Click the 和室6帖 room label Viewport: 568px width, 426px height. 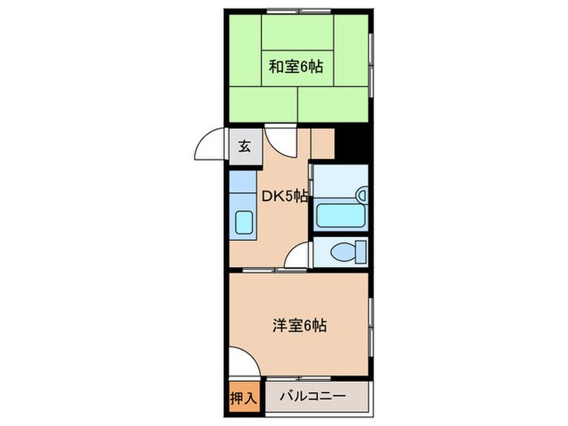pyautogui.click(x=296, y=67)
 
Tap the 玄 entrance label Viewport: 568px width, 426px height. pyautogui.click(x=243, y=147)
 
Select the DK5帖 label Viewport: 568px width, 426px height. pyautogui.click(x=283, y=196)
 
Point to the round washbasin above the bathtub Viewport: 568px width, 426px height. pyautogui.click(x=362, y=195)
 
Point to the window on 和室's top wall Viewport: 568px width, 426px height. pyautogui.click(x=296, y=11)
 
